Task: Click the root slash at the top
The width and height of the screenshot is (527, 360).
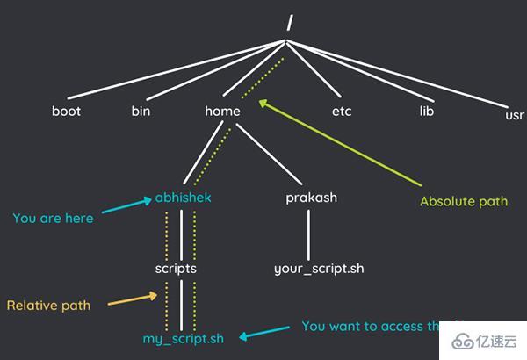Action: click(x=287, y=23)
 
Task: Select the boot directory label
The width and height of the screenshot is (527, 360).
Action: click(x=66, y=112)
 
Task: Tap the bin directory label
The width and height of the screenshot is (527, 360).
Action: click(x=141, y=112)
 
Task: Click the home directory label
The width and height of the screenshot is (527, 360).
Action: click(x=222, y=112)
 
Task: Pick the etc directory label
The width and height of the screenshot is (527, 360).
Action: click(x=342, y=112)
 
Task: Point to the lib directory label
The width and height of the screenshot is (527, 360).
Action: click(x=427, y=112)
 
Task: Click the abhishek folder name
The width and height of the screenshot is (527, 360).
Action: click(x=183, y=198)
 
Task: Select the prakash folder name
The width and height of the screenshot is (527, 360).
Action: click(x=311, y=198)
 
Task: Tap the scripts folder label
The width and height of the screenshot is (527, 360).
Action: click(x=176, y=269)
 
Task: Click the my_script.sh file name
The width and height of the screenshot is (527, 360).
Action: click(x=184, y=338)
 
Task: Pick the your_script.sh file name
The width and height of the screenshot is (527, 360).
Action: click(x=318, y=269)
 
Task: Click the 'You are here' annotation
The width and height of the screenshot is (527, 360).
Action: click(x=52, y=218)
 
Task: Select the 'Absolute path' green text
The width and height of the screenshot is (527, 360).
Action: click(x=464, y=201)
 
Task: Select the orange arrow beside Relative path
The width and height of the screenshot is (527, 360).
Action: click(x=133, y=302)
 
